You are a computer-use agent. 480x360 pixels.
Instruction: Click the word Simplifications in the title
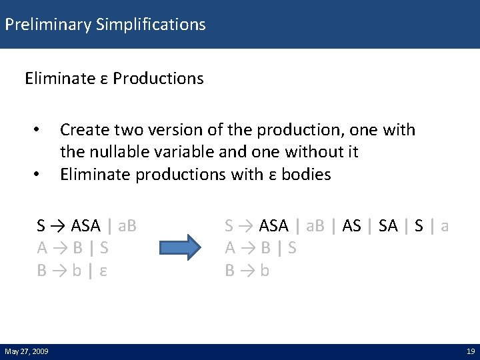pos(151,25)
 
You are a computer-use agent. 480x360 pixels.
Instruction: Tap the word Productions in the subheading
pos(158,79)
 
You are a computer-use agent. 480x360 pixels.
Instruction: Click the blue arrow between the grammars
pos(182,247)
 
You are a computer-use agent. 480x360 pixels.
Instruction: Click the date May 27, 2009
pos(27,351)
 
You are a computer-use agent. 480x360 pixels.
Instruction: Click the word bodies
pos(306,175)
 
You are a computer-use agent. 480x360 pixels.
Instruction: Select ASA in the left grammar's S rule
pos(86,225)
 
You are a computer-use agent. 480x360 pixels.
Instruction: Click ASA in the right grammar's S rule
pos(273,225)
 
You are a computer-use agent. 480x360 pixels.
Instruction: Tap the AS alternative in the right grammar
pos(351,225)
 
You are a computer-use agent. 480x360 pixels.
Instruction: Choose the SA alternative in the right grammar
pos(388,225)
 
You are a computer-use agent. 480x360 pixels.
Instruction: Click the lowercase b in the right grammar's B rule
pos(265,271)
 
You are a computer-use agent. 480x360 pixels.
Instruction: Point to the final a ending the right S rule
pos(445,225)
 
